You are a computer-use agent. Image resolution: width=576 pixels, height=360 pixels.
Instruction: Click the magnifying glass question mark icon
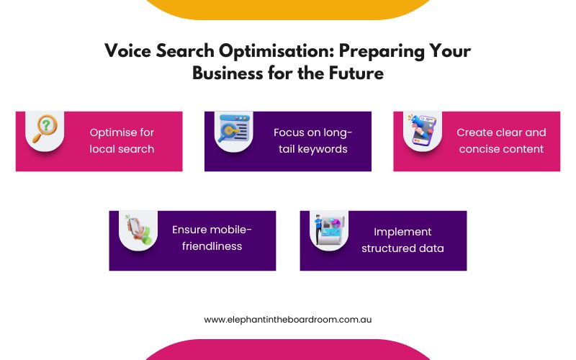[45, 130]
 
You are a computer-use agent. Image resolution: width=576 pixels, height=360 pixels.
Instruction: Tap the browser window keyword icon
[234, 130]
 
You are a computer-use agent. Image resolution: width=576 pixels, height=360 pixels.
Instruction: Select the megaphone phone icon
[423, 130]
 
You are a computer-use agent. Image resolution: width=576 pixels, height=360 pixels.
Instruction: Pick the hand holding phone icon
[138, 229]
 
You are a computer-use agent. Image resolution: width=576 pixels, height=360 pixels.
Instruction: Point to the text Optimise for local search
[122, 140]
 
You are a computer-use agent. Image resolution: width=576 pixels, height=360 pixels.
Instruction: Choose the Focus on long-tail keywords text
[312, 140]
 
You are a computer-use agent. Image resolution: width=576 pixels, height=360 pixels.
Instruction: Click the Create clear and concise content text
[501, 140]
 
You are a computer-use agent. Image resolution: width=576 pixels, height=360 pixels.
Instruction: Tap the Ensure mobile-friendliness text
[212, 238]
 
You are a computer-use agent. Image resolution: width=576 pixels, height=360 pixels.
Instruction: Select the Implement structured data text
[402, 240]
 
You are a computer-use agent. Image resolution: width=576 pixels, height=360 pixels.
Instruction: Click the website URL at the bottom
[287, 319]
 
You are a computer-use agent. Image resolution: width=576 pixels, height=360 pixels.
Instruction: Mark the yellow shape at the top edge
[288, 9]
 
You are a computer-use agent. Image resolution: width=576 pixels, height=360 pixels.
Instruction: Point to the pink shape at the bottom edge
[288, 351]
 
